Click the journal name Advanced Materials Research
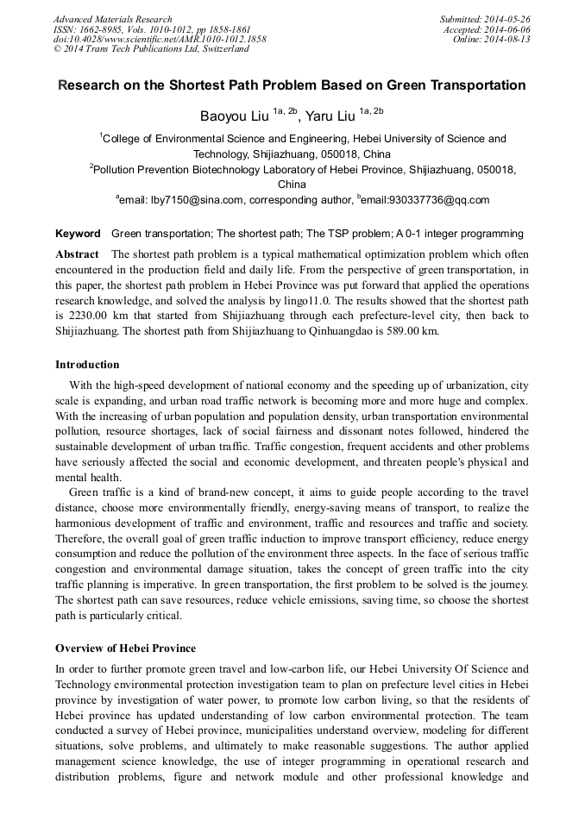(113, 19)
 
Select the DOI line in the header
(160, 39)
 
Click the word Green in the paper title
(399, 85)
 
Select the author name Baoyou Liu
(235, 114)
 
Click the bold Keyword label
(78, 234)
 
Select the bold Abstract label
(78, 254)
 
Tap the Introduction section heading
(87, 365)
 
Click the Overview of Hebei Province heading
(125, 648)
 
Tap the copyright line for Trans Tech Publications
(151, 49)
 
